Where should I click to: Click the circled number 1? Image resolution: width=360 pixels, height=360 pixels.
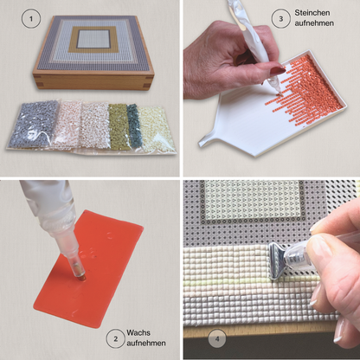coord(31,19)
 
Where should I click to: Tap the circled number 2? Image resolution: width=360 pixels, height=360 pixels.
coord(116,338)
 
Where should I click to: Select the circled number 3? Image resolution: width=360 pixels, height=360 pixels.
coord(281,19)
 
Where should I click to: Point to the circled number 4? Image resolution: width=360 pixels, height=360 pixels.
coord(217,338)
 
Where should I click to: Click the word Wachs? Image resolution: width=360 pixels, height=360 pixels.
coord(138,332)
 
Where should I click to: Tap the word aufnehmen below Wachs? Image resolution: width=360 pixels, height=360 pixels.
coord(146,343)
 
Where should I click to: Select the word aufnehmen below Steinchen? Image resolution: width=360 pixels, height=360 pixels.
coord(314,23)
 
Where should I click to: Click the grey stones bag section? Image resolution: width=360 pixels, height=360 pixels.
coord(32,124)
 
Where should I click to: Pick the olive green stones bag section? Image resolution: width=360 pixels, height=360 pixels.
coord(119,126)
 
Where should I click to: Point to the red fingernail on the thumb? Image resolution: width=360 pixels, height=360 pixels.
coord(278,70)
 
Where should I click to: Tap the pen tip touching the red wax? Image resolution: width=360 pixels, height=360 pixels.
coord(82,277)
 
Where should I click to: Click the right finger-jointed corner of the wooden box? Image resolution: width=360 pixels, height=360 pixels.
coord(147,81)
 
